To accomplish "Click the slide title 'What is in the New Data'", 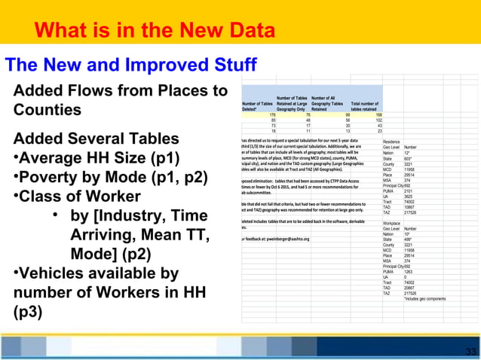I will point(155,31).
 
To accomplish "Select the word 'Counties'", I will point(47,110).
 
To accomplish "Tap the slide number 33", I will point(471,352).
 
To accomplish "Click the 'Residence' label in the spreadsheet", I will point(391,142).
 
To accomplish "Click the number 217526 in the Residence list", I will point(412,212).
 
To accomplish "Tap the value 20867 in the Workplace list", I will point(411,287).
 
